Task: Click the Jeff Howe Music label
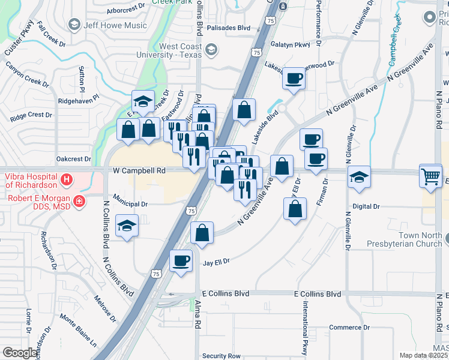(115, 25)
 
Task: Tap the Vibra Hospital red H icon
(67, 179)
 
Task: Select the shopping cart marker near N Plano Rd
(430, 175)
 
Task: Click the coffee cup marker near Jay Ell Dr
(181, 260)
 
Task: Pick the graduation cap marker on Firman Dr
(359, 177)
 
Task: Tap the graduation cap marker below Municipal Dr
(126, 226)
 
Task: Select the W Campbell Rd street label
(139, 170)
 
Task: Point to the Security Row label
(221, 356)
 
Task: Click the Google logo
(20, 353)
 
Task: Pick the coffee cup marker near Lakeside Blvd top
(294, 78)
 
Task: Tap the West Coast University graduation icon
(211, 49)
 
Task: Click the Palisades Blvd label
(228, 28)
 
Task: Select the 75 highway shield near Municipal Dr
(191, 211)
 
